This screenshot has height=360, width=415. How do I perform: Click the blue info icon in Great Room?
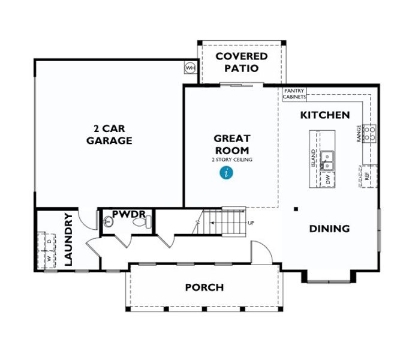pos(225,173)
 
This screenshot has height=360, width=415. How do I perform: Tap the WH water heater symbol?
pos(190,68)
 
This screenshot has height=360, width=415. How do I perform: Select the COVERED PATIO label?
pos(241,62)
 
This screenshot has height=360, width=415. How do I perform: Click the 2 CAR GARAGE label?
pos(109,135)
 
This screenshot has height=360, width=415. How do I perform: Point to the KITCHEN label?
pos(324,115)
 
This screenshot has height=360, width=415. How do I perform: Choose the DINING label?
pos(329,229)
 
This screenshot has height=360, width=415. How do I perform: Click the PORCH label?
pos(204,287)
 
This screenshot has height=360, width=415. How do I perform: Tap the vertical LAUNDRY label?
pos(68,239)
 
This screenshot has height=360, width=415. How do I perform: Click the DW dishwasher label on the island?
pos(328,179)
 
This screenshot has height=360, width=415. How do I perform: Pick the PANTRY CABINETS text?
pos(294,94)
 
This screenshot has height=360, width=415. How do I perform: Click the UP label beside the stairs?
pos(251,223)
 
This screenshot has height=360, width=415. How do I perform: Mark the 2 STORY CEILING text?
pos(231,160)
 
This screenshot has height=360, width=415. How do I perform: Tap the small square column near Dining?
pos(296,209)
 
